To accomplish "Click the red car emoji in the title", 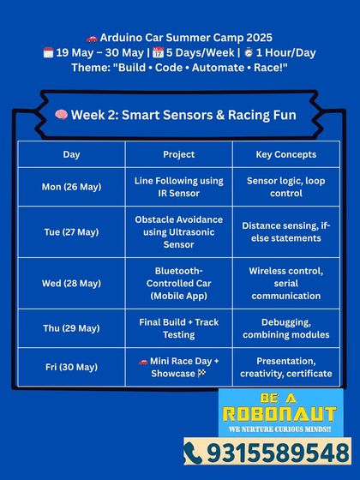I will pos(92,37).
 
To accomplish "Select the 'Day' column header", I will pos(71,154).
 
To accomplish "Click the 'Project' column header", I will pos(178,154).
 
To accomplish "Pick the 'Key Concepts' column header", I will pos(286,154).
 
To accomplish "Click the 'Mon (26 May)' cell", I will pos(71,187).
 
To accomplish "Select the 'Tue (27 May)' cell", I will pos(71,231).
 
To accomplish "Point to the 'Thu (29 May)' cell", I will pos(71,327).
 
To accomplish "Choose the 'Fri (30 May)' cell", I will pos(71,367).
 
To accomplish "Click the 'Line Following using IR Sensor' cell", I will pos(178,187).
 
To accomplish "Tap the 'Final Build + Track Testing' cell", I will pos(178,327).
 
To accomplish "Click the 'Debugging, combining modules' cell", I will pos(286,327).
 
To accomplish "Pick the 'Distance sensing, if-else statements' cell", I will pos(286,231).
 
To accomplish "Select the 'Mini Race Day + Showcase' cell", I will pos(178,367).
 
